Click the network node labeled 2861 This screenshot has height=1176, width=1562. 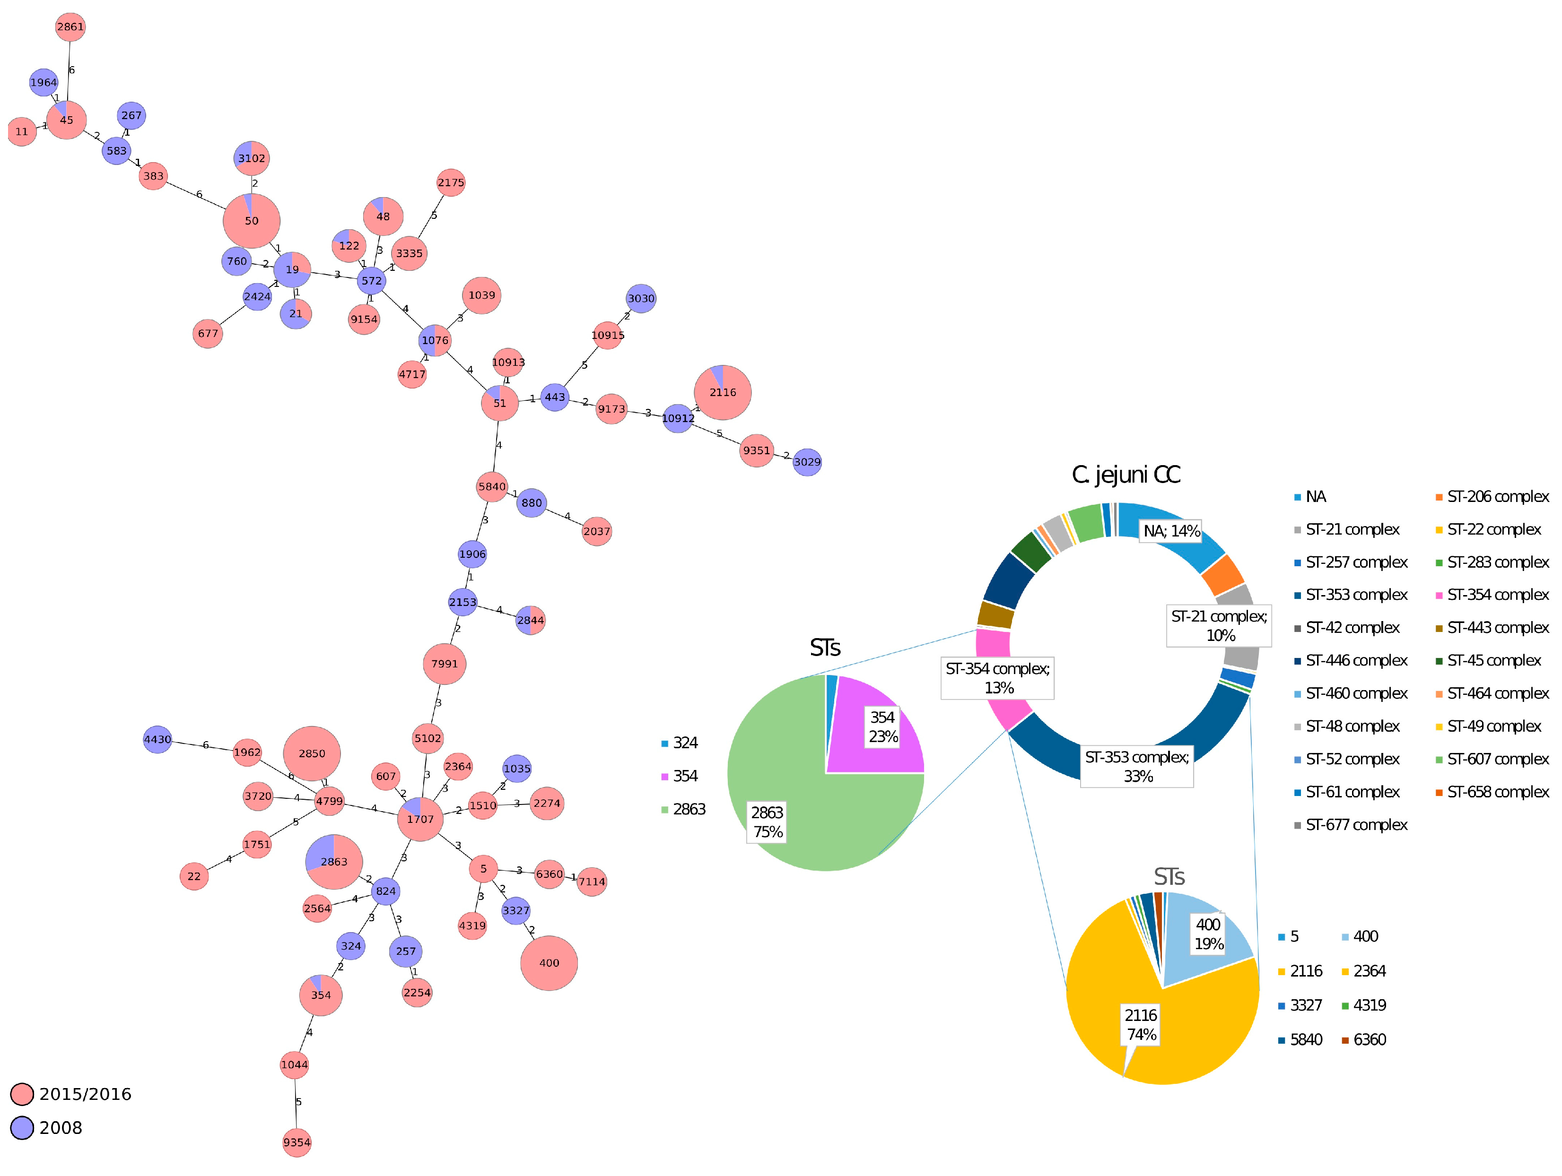(x=70, y=27)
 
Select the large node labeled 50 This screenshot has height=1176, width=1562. (x=252, y=221)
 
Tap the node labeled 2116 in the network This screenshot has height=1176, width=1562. (x=723, y=392)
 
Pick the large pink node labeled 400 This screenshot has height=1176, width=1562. (x=549, y=963)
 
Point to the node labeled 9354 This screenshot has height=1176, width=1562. (x=297, y=1142)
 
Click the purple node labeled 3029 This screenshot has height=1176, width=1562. (x=807, y=462)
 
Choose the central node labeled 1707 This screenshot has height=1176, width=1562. (x=420, y=819)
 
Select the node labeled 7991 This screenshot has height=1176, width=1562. (x=444, y=664)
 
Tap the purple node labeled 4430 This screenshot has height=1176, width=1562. (x=157, y=740)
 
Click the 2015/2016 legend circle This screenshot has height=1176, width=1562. (x=22, y=1094)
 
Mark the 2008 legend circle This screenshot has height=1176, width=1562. (x=22, y=1128)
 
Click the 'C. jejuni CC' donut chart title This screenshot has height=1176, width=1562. (x=1126, y=475)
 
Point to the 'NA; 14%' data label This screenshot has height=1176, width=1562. (x=1171, y=531)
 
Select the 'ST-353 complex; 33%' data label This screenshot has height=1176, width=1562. (x=1137, y=767)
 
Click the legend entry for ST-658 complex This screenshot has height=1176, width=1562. (x=1497, y=792)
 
